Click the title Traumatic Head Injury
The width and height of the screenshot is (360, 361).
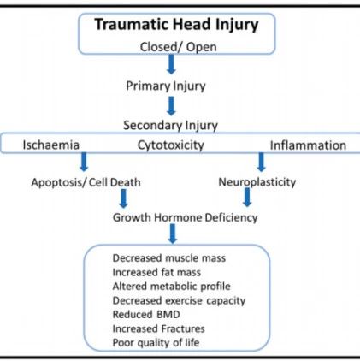pyautogui.click(x=176, y=25)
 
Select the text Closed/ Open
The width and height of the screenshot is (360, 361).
pyautogui.click(x=178, y=47)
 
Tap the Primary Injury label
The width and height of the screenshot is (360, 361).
pyautogui.click(x=166, y=86)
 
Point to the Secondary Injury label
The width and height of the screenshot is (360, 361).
pyautogui.click(x=170, y=126)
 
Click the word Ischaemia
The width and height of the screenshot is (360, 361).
pyautogui.click(x=51, y=145)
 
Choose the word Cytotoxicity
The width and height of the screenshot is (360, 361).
pyautogui.click(x=171, y=145)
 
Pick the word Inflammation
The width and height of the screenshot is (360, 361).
pyautogui.click(x=308, y=145)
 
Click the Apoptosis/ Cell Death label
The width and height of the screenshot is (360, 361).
pyautogui.click(x=86, y=182)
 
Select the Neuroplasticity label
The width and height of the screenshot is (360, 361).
pyautogui.click(x=257, y=182)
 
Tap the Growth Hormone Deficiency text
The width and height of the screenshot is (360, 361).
pyautogui.click(x=186, y=218)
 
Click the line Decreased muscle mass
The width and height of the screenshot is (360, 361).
pyautogui.click(x=169, y=258)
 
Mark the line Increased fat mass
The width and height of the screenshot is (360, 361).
pyautogui.click(x=156, y=272)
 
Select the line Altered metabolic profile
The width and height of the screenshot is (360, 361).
pyautogui.click(x=172, y=287)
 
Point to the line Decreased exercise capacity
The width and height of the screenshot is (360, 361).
pyautogui.click(x=179, y=301)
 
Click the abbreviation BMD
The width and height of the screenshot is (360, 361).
pyautogui.click(x=168, y=315)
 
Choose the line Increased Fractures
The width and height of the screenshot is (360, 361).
pyautogui.click(x=159, y=328)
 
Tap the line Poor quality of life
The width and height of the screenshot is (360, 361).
pyautogui.click(x=156, y=343)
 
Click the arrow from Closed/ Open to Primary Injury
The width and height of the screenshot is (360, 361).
pyautogui.click(x=171, y=64)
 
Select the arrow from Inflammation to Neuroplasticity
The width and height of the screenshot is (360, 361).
pyautogui.click(x=261, y=162)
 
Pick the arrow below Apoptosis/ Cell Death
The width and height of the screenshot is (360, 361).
pyautogui.click(x=123, y=198)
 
